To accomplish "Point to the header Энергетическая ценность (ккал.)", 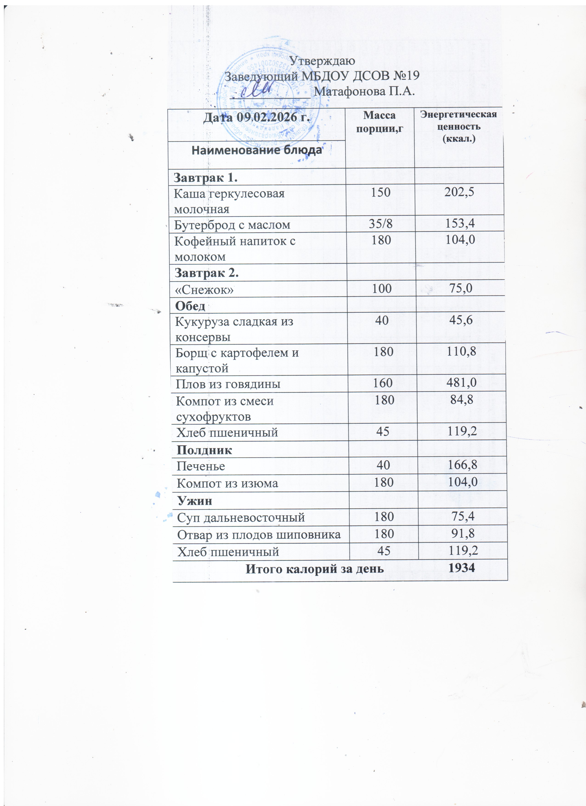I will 459,126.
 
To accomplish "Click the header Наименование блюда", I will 257,150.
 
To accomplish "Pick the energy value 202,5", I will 459,192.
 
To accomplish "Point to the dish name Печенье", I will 201,466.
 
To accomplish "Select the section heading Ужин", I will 195,501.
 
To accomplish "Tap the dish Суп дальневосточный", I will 241,517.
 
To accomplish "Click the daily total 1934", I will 462,568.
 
